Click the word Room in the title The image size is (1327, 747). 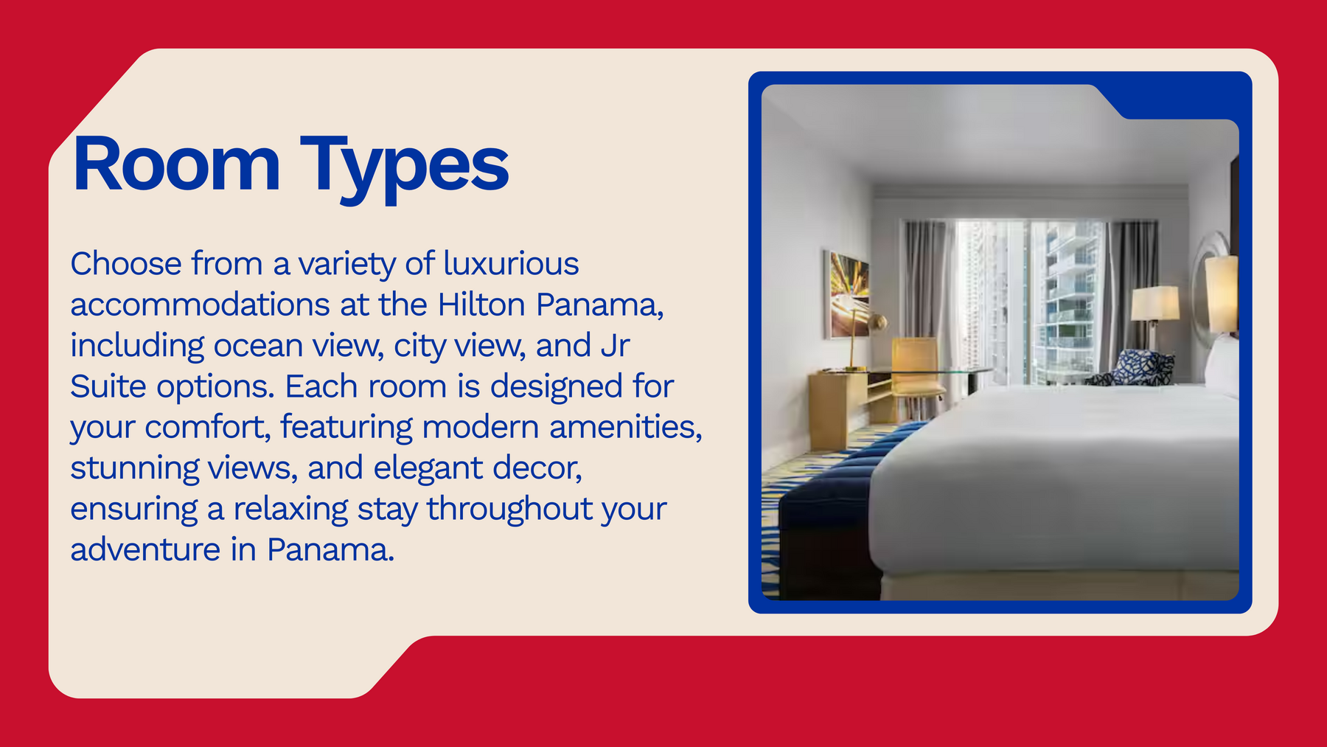coord(176,164)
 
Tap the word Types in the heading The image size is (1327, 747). coord(405,169)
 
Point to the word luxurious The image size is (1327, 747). coord(511,264)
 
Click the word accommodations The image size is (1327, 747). coord(200,305)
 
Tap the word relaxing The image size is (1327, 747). coord(291,510)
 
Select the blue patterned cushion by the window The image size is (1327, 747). coord(1135,367)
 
